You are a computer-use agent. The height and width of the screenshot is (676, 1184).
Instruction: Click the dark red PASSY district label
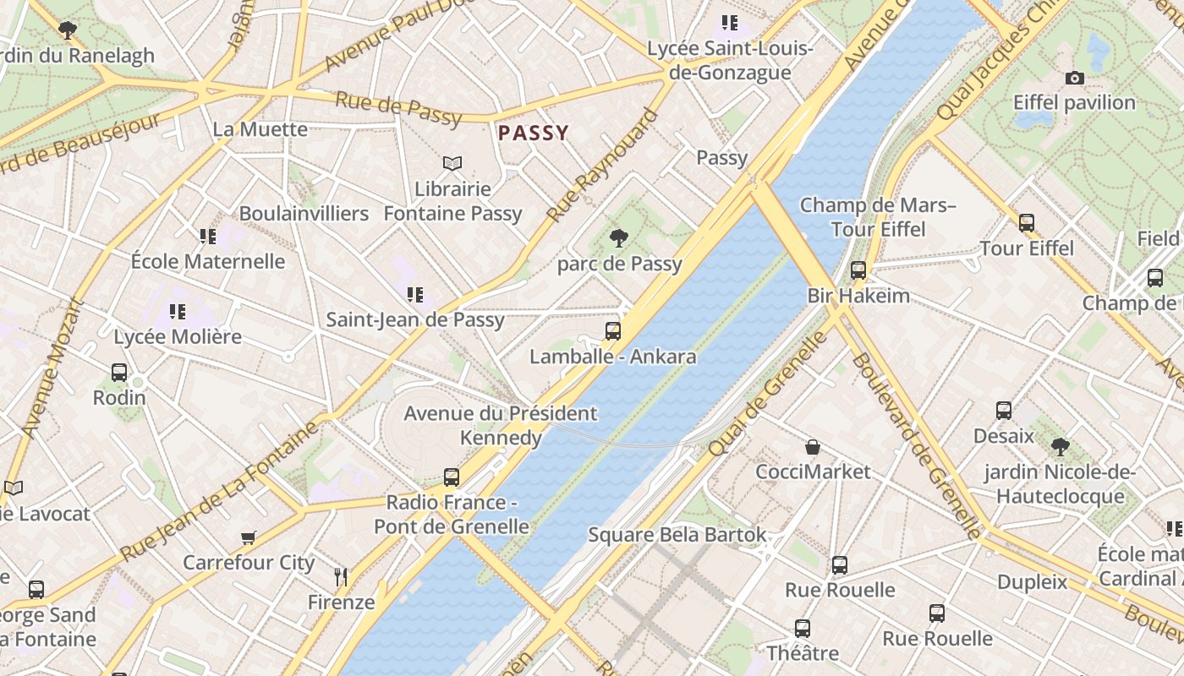coord(533,133)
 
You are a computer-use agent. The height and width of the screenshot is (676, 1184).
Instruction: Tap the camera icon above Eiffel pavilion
coord(1074,78)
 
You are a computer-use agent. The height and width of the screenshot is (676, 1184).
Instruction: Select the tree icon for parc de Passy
coord(619,238)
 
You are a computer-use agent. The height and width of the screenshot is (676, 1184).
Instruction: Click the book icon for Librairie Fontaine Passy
coord(452,163)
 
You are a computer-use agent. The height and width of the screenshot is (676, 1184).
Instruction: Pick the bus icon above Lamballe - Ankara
coord(613,330)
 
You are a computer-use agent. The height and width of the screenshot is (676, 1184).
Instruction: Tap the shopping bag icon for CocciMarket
coord(813,446)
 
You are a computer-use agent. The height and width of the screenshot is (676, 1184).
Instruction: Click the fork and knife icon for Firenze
coord(341,577)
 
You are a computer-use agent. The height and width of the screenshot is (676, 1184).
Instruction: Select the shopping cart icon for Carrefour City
coord(249,537)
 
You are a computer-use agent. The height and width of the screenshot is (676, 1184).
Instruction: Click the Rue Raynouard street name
coord(602,166)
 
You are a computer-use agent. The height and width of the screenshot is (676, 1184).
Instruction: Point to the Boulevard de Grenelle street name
coord(917,445)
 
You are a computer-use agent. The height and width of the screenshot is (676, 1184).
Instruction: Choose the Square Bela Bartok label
coord(677,535)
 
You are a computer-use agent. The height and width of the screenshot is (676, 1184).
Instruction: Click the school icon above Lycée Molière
coord(177,312)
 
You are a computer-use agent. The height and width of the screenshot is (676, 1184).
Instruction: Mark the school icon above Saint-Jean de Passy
coord(414,295)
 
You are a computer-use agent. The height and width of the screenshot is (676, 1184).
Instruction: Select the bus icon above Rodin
coord(119,372)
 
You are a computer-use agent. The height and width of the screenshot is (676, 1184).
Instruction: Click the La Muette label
coord(260,129)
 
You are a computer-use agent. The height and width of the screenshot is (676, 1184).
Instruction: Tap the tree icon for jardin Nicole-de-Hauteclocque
coord(1060,446)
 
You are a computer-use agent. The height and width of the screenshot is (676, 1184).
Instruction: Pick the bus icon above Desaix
coord(1004,411)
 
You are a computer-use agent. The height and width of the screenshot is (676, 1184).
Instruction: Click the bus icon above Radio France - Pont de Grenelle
coord(452,477)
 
